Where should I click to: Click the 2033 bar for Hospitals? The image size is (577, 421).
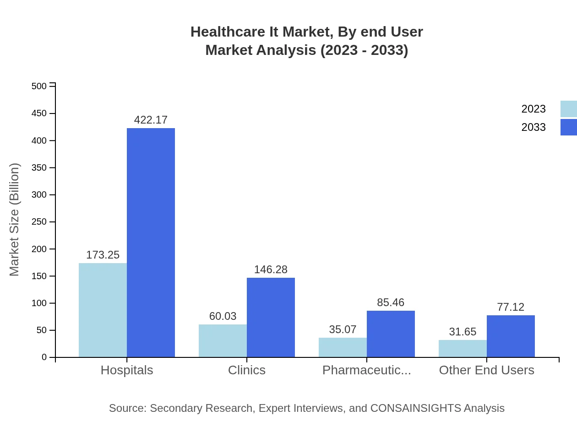pos(151,243)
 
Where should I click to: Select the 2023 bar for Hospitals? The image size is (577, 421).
pos(103,310)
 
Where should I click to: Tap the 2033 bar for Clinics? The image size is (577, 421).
pos(271,317)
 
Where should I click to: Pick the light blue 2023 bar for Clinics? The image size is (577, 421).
pos(223,340)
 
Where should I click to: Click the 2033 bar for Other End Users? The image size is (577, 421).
pos(511,336)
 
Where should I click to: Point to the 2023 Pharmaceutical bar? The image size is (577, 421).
pos(343,347)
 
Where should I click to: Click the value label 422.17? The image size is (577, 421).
pos(151,120)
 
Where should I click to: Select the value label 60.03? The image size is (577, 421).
pos(223,316)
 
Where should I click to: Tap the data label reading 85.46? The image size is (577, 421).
pos(391,302)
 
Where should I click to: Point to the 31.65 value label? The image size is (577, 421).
pos(463,332)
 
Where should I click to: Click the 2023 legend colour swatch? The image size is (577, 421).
pos(568,109)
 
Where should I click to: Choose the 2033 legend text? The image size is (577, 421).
pos(533,127)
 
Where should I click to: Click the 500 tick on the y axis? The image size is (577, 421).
pos(39,86)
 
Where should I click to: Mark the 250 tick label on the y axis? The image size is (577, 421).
pos(39,222)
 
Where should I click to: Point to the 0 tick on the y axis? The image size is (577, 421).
pos(44,357)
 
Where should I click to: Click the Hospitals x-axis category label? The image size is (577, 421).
pos(127,370)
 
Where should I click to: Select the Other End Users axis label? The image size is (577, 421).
pos(486,370)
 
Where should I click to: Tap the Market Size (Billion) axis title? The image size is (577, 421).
pos(15,220)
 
